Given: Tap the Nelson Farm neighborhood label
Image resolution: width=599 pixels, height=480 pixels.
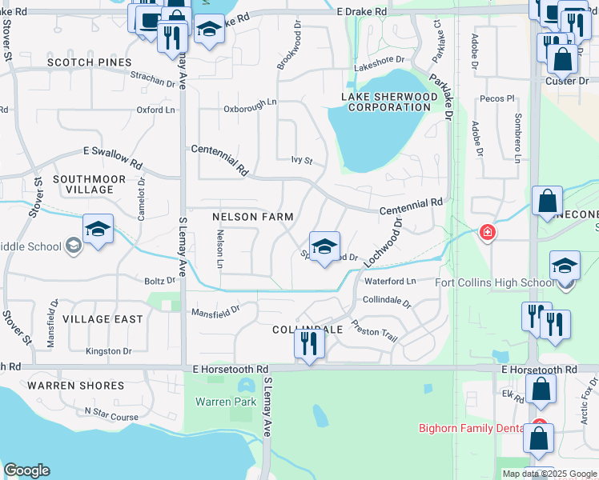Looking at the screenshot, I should [x=252, y=217].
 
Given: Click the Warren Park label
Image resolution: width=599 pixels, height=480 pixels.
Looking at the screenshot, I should [x=226, y=402].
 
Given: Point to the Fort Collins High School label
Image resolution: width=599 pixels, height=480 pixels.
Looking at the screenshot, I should [x=494, y=282].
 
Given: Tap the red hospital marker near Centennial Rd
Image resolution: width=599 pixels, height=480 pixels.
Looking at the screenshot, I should [x=486, y=233].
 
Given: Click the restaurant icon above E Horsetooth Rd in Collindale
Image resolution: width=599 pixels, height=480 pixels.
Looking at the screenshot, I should [x=309, y=345].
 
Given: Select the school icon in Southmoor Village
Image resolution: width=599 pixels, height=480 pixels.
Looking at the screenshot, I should [x=98, y=230].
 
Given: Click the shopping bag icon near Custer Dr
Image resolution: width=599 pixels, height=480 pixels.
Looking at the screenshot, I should [x=562, y=59].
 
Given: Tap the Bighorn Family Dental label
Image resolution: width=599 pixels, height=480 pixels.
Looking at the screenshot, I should [x=471, y=428].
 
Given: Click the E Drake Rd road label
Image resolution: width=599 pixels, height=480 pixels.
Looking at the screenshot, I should [x=361, y=12].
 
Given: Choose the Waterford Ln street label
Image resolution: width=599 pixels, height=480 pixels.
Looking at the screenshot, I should [x=391, y=282].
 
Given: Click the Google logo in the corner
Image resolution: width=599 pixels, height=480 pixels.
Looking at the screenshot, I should [x=26, y=470].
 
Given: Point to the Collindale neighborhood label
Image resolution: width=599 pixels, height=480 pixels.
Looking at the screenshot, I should [x=308, y=330].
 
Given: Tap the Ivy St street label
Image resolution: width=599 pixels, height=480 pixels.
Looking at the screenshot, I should [x=300, y=161].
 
